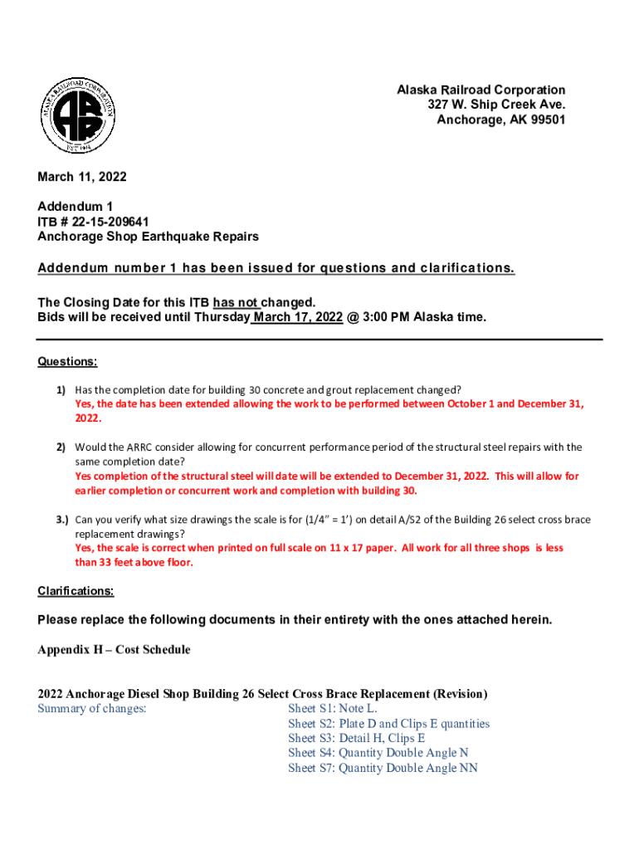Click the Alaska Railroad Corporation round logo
(84, 114)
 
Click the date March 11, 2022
(82, 177)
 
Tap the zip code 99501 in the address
(547, 120)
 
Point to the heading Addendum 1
(75, 206)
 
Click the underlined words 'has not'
(237, 303)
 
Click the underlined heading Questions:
(67, 362)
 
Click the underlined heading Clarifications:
(76, 591)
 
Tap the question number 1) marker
(61, 389)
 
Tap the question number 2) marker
(61, 447)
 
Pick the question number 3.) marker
(62, 520)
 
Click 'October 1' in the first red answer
(471, 404)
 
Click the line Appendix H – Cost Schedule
(114, 650)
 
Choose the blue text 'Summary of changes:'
(92, 709)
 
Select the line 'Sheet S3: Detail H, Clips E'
(357, 738)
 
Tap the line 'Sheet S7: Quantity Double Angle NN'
(383, 768)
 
